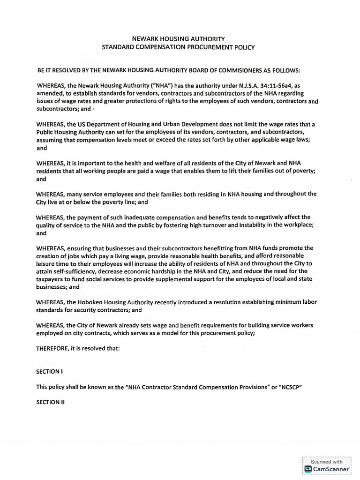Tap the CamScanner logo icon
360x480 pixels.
[x=308, y=468]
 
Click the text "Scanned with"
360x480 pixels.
[x=327, y=461]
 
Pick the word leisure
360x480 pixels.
[x=47, y=263]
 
